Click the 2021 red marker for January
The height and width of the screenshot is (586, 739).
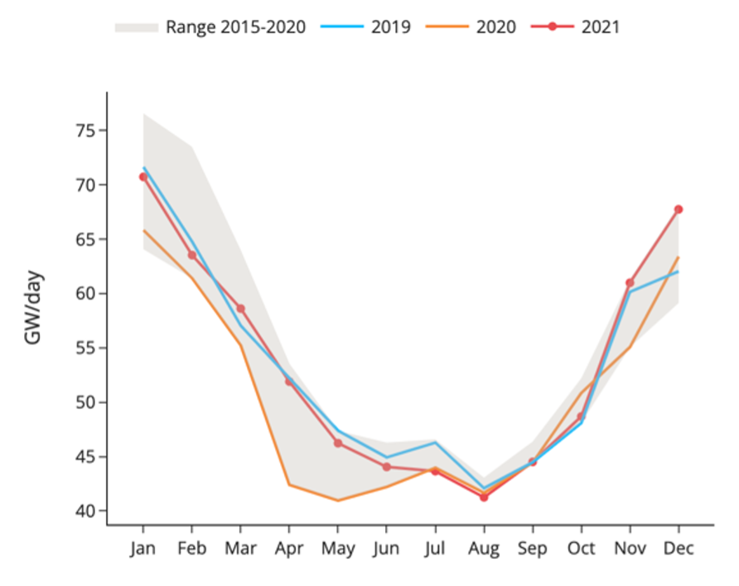coord(143,176)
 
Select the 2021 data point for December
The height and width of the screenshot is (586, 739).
coord(679,209)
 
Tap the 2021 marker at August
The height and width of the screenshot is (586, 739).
coord(484,497)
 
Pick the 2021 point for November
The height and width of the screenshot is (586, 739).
coord(630,283)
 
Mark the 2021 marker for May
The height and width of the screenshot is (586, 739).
coord(338,444)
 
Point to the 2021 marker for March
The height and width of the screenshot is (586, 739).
coord(240,309)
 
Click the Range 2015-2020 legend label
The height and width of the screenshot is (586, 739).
coord(235,27)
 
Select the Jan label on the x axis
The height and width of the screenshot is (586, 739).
coord(143,548)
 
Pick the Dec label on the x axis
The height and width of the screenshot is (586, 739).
coord(679,548)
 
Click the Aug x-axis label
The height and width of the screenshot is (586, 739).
coord(484,549)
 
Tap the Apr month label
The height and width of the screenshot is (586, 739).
coord(289,549)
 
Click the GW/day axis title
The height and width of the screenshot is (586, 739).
coord(34,307)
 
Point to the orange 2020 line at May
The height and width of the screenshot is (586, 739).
coord(338,500)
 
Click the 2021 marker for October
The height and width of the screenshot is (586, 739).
coord(582,416)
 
